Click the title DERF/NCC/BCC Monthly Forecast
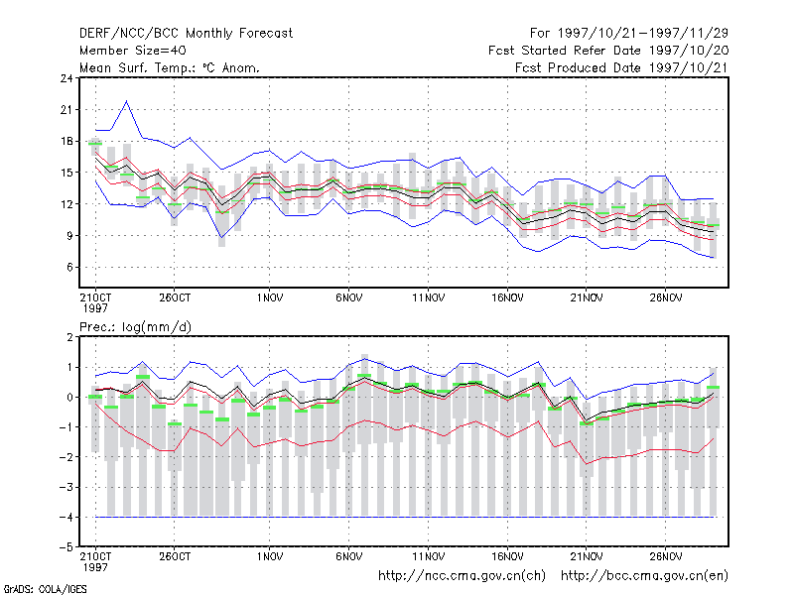pyautogui.click(x=186, y=34)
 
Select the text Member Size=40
pyautogui.click(x=133, y=51)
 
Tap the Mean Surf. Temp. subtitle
pyautogui.click(x=170, y=67)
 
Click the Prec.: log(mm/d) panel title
pyautogui.click(x=135, y=327)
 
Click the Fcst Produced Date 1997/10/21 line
pyautogui.click(x=621, y=67)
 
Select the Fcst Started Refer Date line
pyautogui.click(x=608, y=51)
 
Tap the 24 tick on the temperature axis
pyautogui.click(x=66, y=78)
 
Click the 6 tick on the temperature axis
pyautogui.click(x=69, y=267)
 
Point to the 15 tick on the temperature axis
pyautogui.click(x=66, y=173)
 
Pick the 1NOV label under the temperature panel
pyautogui.click(x=270, y=298)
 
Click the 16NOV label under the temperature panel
pyautogui.click(x=507, y=298)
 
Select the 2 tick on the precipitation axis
pyautogui.click(x=69, y=337)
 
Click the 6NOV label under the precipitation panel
pyautogui.click(x=349, y=556)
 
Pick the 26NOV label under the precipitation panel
pyautogui.click(x=665, y=556)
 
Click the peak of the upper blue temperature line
pyautogui.click(x=127, y=101)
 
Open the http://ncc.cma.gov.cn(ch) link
pyautogui.click(x=462, y=576)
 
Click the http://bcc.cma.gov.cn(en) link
pyautogui.click(x=644, y=576)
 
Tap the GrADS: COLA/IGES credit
pyautogui.click(x=45, y=589)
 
